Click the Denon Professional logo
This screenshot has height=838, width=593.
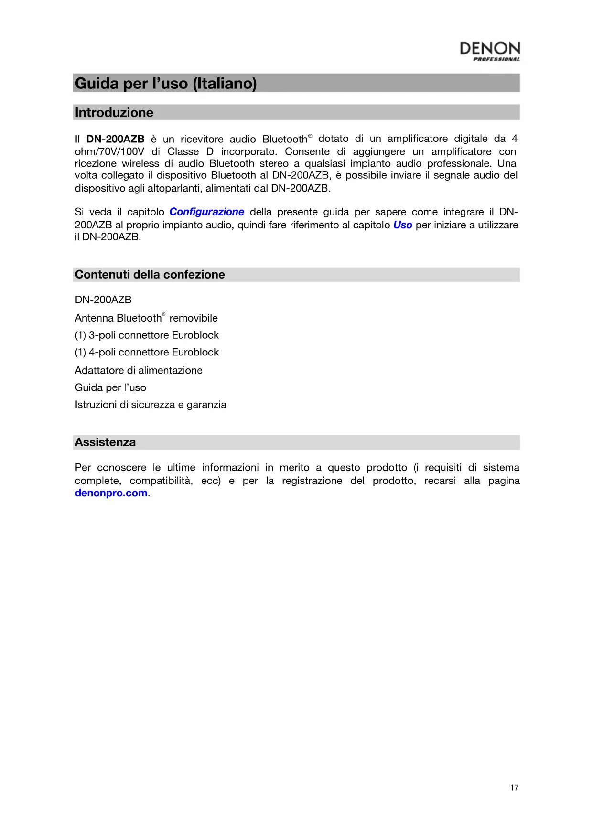click(x=489, y=51)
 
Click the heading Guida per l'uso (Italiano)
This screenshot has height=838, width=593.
click(x=166, y=84)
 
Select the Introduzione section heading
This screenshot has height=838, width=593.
click(x=114, y=113)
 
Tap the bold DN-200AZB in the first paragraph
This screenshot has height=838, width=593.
click(x=115, y=139)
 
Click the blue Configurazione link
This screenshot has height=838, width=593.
click(x=206, y=212)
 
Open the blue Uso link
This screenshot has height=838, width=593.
click(x=402, y=225)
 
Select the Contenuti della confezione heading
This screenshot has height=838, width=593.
click(x=150, y=275)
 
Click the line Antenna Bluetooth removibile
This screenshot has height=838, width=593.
click(x=146, y=318)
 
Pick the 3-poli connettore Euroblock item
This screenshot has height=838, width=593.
click(x=147, y=335)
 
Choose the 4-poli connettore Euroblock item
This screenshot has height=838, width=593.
click(x=147, y=353)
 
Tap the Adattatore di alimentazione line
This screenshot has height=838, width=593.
click(x=139, y=370)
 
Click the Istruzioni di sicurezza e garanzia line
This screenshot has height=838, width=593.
click(x=151, y=405)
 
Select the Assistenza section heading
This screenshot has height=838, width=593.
click(x=105, y=442)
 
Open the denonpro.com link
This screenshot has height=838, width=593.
click(x=111, y=493)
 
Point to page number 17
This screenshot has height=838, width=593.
click(x=514, y=788)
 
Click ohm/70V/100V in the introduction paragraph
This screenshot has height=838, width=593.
click(x=109, y=152)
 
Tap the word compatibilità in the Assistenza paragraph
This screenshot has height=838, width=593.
click(x=161, y=481)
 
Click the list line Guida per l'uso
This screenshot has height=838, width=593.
click(x=110, y=387)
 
